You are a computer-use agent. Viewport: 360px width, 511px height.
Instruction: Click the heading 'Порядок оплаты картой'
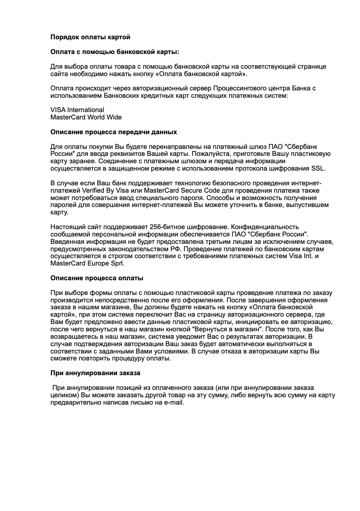pyautogui.click(x=90, y=37)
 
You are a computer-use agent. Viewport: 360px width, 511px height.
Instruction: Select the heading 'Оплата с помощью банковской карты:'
pyautogui.click(x=115, y=52)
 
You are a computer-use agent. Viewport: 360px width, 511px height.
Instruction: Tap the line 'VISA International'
pyautogui.click(x=77, y=110)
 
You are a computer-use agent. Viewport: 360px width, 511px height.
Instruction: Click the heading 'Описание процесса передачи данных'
pyautogui.click(x=114, y=132)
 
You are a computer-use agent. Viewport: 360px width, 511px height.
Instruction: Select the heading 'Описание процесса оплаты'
pyautogui.click(x=97, y=278)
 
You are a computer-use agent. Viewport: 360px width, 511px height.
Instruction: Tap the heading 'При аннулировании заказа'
pyautogui.click(x=95, y=373)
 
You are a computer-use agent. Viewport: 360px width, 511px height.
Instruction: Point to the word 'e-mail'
pyautogui.click(x=173, y=403)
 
